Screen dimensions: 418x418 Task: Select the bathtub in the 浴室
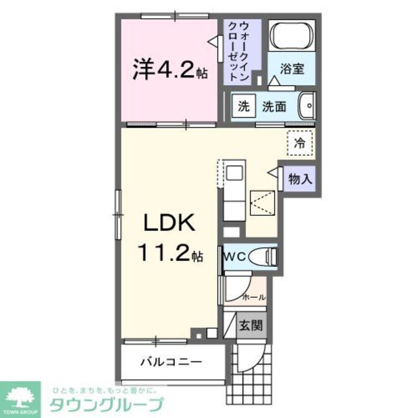click(291, 36)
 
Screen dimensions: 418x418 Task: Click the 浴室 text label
click(292, 69)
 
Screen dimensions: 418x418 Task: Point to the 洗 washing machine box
click(243, 106)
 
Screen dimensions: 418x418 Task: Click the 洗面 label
click(274, 107)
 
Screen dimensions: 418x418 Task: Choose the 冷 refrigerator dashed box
click(300, 143)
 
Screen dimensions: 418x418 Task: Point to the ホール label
click(254, 298)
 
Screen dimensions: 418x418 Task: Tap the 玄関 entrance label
click(250, 325)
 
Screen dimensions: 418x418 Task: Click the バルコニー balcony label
click(171, 360)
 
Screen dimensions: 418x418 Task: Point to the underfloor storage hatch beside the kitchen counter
click(263, 203)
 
